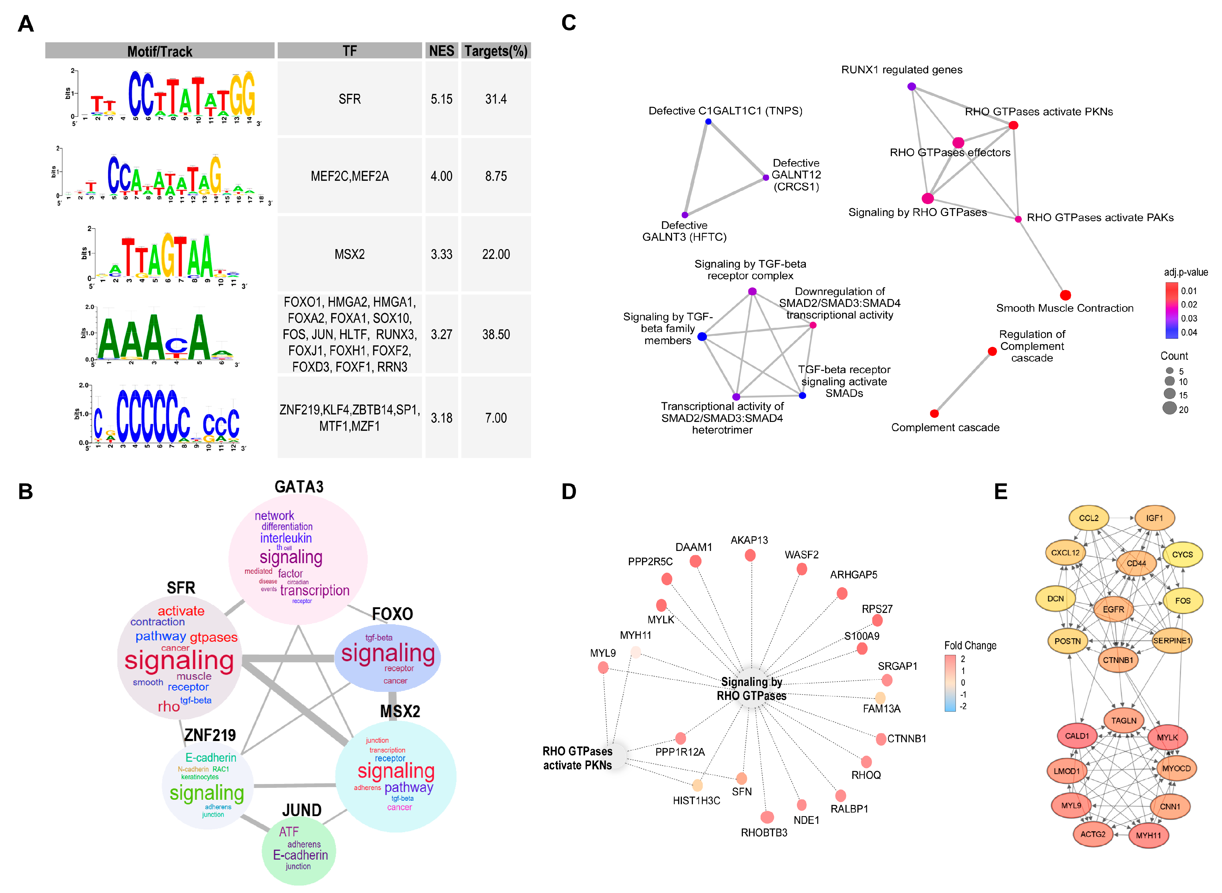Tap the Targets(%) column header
[x=496, y=51]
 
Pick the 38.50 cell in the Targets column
[x=496, y=335]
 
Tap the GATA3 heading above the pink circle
[x=299, y=487]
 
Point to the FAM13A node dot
[x=880, y=697]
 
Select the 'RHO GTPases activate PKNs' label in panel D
[x=577, y=758]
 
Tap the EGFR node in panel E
[x=1113, y=609]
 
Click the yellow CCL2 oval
[x=1089, y=518]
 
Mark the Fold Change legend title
[x=970, y=645]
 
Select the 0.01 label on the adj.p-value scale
[x=1189, y=291]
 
